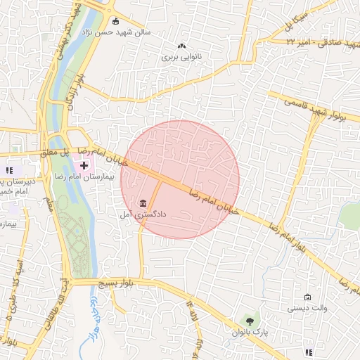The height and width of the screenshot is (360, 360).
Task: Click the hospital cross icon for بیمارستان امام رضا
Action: (84, 165)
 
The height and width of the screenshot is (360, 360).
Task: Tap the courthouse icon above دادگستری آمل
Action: (143, 202)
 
